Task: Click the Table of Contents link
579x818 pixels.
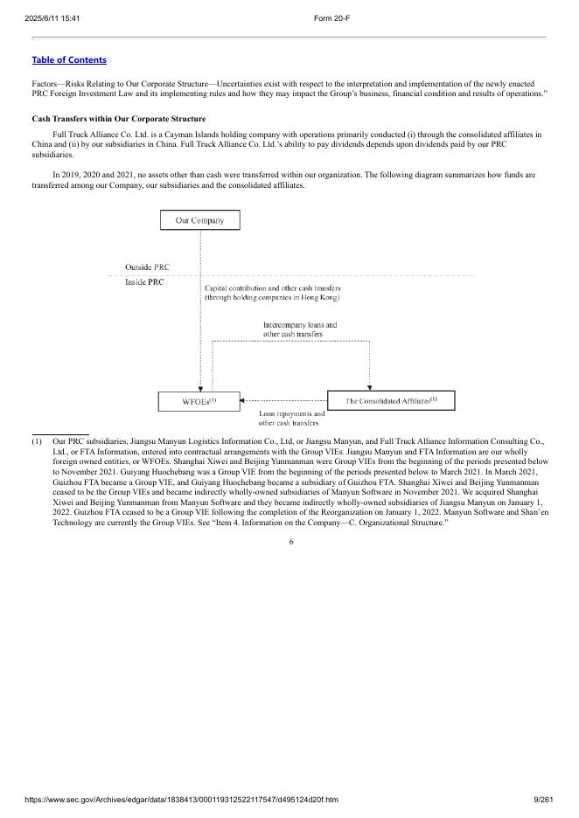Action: (69, 59)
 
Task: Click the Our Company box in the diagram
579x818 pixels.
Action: (199, 220)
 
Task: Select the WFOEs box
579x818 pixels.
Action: (199, 401)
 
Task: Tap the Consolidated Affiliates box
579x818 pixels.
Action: (391, 401)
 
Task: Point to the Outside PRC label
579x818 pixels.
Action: (148, 267)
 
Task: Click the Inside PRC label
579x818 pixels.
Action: (144, 282)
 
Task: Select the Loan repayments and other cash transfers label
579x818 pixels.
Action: (292, 418)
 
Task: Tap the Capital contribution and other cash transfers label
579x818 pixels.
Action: (272, 293)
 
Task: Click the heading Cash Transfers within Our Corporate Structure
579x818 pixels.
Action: (117, 117)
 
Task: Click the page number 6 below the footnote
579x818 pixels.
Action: (290, 542)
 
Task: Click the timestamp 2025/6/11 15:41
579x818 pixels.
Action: (53, 18)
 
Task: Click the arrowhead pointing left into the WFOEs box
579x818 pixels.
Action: (245, 401)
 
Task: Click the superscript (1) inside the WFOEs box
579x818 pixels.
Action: (212, 399)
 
